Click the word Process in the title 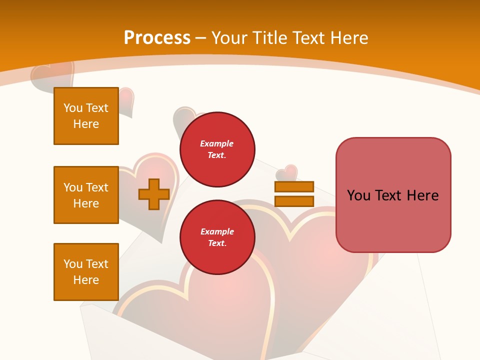157,38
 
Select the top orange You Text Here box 86,116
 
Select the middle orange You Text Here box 86,195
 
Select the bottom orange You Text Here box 86,272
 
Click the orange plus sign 154,194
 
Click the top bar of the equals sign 294,186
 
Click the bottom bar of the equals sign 294,201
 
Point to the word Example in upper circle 216,143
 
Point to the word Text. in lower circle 216,243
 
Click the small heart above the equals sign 287,172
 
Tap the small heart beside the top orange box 126,100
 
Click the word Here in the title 348,38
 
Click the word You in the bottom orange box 73,264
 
